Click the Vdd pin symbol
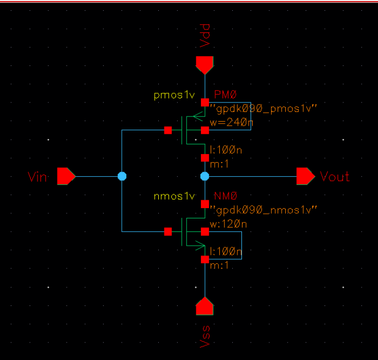(204, 64)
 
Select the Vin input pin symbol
(66, 176)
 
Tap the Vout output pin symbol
(305, 176)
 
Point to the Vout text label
(335, 177)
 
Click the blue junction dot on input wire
(121, 176)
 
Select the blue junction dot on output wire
(204, 176)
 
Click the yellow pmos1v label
(175, 95)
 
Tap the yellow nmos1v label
(175, 197)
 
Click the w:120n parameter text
(228, 224)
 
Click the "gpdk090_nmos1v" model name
(264, 210)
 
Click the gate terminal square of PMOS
(167, 130)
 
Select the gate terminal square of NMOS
(167, 231)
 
